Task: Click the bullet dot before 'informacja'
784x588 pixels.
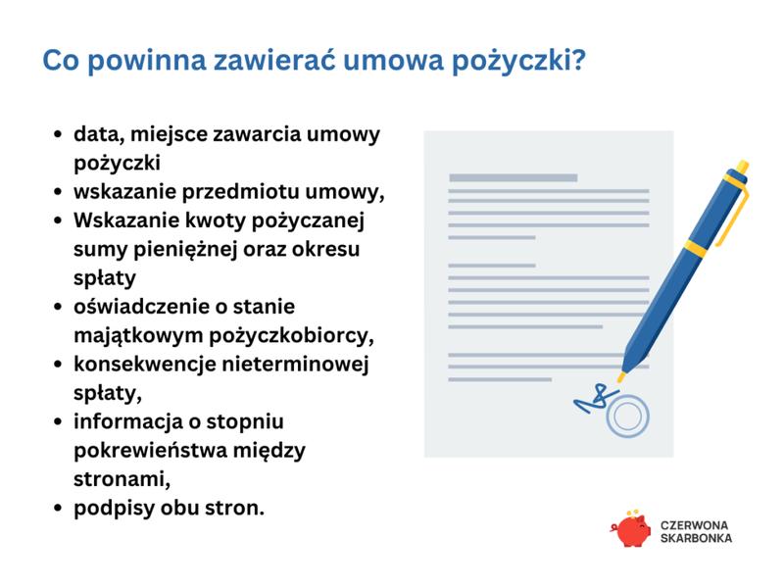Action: pyautogui.click(x=58, y=423)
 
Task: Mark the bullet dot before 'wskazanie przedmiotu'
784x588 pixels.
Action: pyautogui.click(x=58, y=192)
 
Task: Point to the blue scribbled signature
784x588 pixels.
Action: pyautogui.click(x=590, y=399)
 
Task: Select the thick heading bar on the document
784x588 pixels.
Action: pyautogui.click(x=513, y=177)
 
